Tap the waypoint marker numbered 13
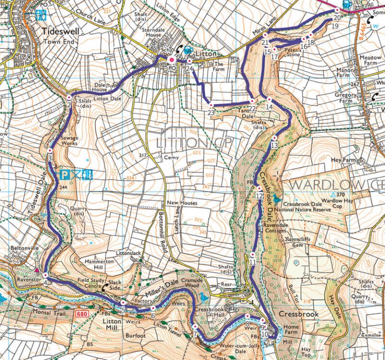tap(274, 138)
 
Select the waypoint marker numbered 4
tap(45, 275)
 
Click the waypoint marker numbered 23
tap(211, 105)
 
